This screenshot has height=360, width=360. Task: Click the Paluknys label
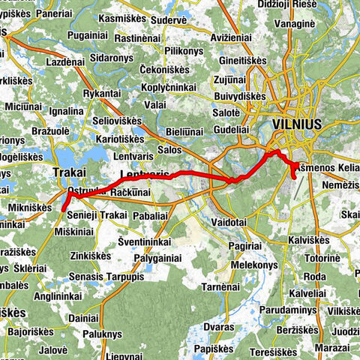tap(103, 334)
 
